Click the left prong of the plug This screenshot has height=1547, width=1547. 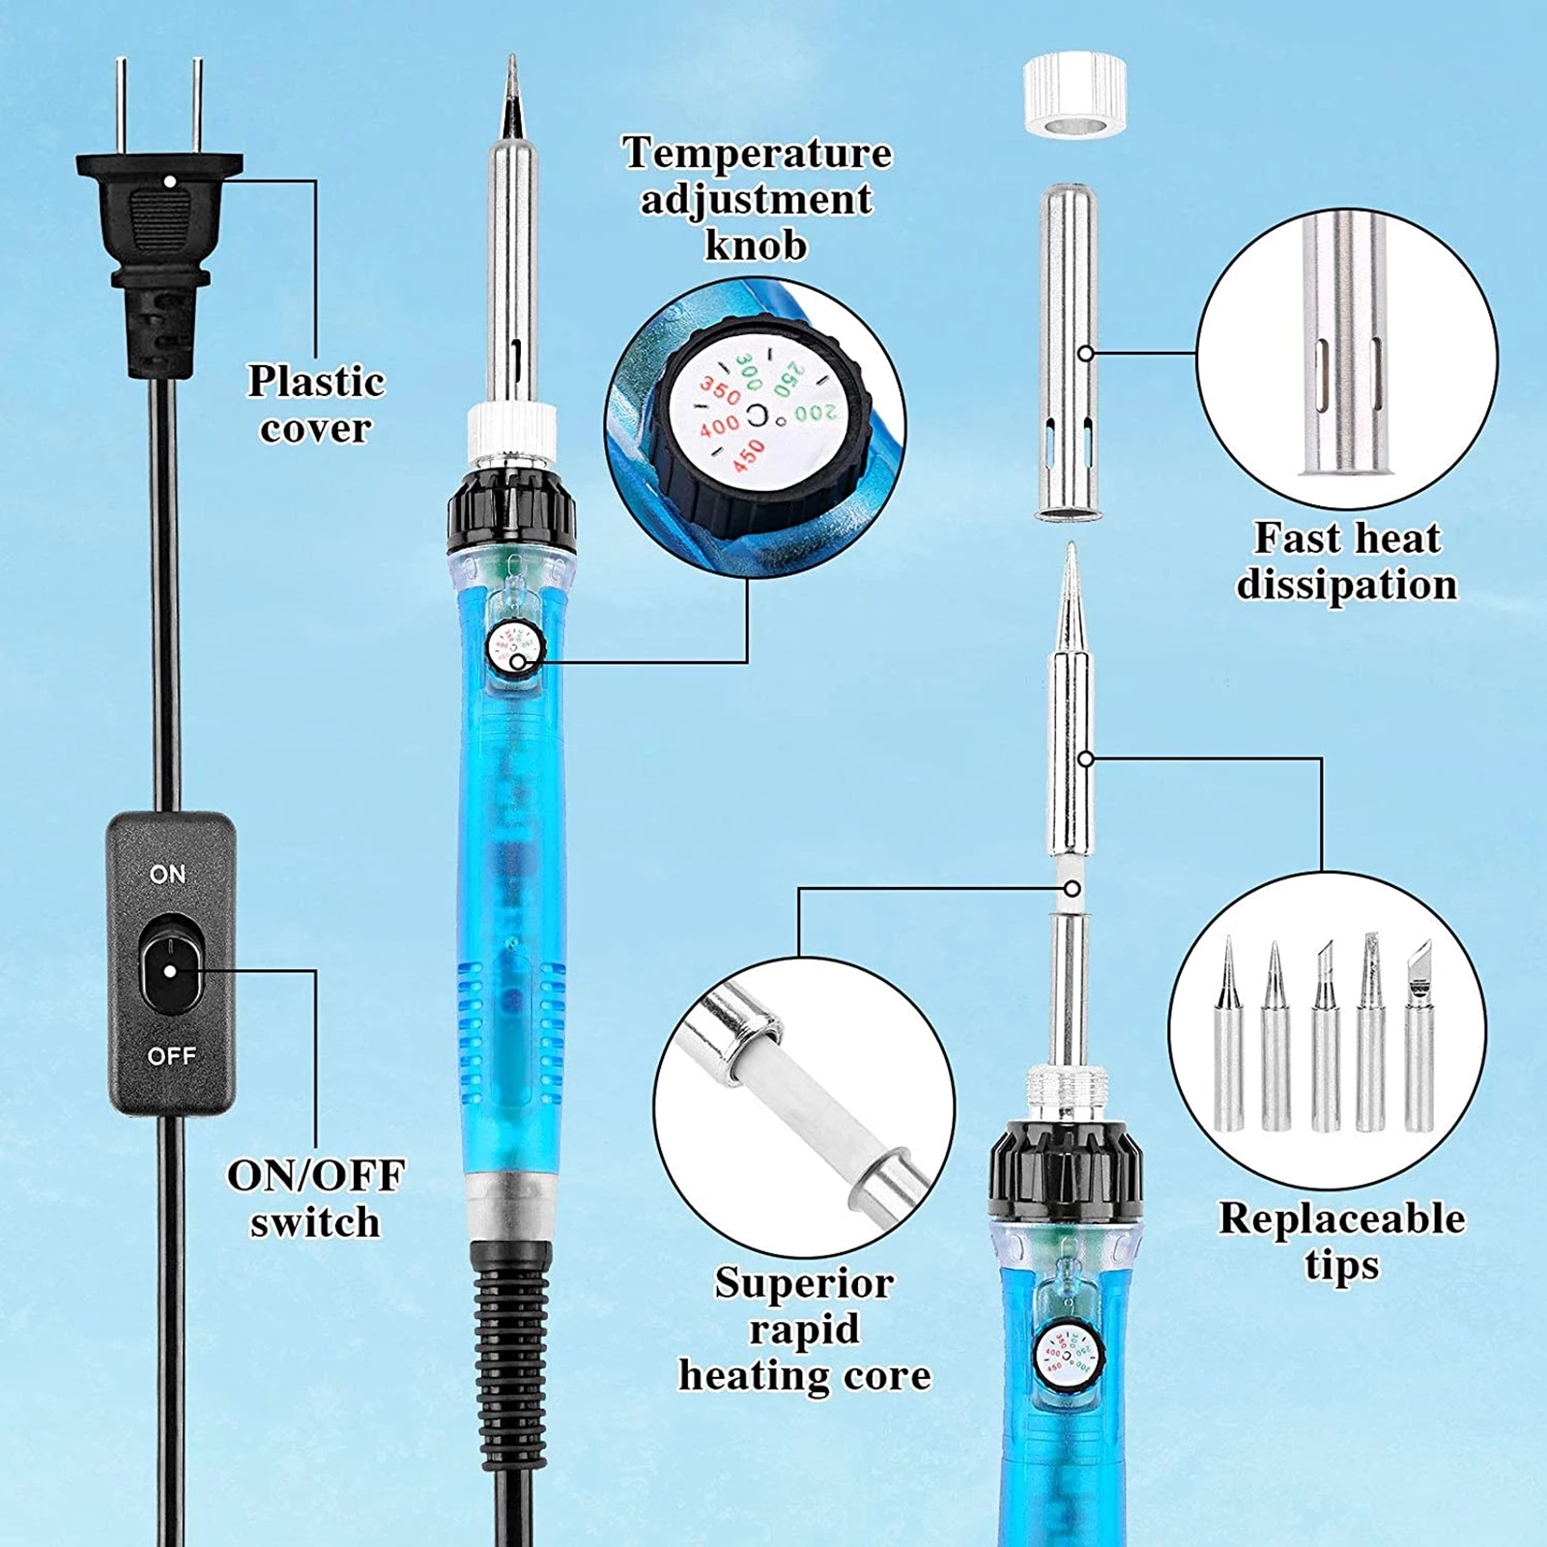122,106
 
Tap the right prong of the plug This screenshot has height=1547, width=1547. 197,106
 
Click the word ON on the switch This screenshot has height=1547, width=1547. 168,874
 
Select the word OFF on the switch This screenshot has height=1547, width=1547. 171,1056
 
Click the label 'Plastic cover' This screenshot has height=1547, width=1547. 316,405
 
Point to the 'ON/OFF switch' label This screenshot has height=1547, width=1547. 316,1199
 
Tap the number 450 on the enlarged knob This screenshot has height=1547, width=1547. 747,456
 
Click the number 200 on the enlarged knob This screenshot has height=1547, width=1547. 816,414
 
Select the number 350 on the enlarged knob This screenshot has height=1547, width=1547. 720,391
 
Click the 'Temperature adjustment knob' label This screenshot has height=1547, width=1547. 757,199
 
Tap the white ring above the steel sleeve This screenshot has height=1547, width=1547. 1074,97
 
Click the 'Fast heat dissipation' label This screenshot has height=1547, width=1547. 1347,561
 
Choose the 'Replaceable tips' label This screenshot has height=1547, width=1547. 1341,1242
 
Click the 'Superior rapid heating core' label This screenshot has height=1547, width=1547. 804,1329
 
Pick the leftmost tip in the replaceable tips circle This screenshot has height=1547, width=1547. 1228,1033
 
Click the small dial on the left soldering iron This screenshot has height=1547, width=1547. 514,648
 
